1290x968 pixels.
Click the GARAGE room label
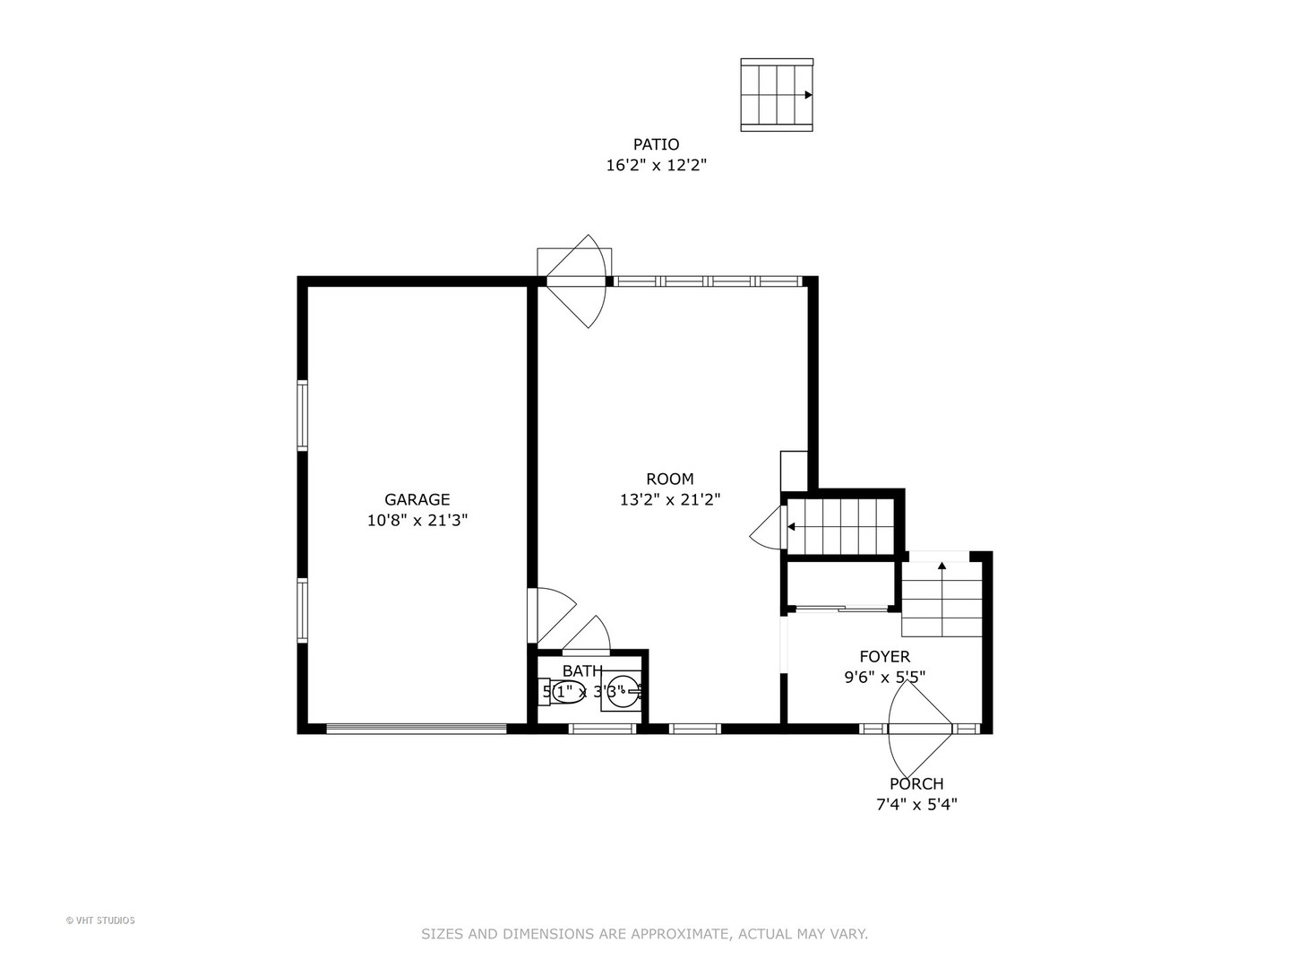coord(417,499)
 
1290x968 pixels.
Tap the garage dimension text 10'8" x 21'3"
coord(417,520)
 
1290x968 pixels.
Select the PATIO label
coord(656,144)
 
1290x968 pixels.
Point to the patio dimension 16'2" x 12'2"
coord(656,165)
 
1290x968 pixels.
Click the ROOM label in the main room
coord(669,479)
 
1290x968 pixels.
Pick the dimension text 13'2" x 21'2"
coord(669,499)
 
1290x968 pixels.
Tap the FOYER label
coord(884,657)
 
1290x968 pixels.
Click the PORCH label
coord(916,783)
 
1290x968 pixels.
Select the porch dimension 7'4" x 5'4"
coord(916,804)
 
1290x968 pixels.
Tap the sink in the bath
coord(623,691)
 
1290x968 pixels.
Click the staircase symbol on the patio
coord(776,95)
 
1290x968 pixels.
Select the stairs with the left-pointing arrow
coord(841,527)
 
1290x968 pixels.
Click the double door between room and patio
coord(577,281)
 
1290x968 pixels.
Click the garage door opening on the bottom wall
coord(417,729)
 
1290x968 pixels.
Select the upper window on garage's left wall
coord(303,415)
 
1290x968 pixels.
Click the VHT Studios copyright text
coord(100,920)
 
